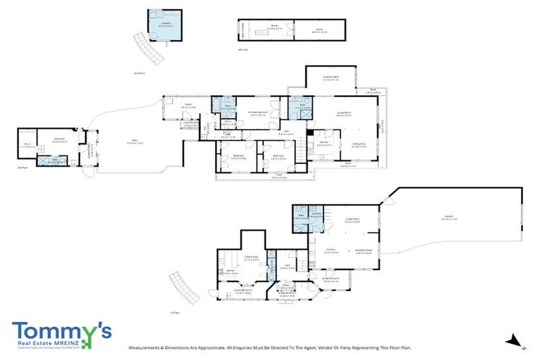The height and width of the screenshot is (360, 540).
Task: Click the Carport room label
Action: click(x=449, y=219)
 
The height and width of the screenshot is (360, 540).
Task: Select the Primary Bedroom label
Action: click(x=257, y=113)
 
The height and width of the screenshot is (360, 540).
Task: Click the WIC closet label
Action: click(x=27, y=145)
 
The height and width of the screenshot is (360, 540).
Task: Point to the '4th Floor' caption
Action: click(x=243, y=50)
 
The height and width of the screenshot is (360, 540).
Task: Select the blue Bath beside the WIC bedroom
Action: click(x=55, y=160)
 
